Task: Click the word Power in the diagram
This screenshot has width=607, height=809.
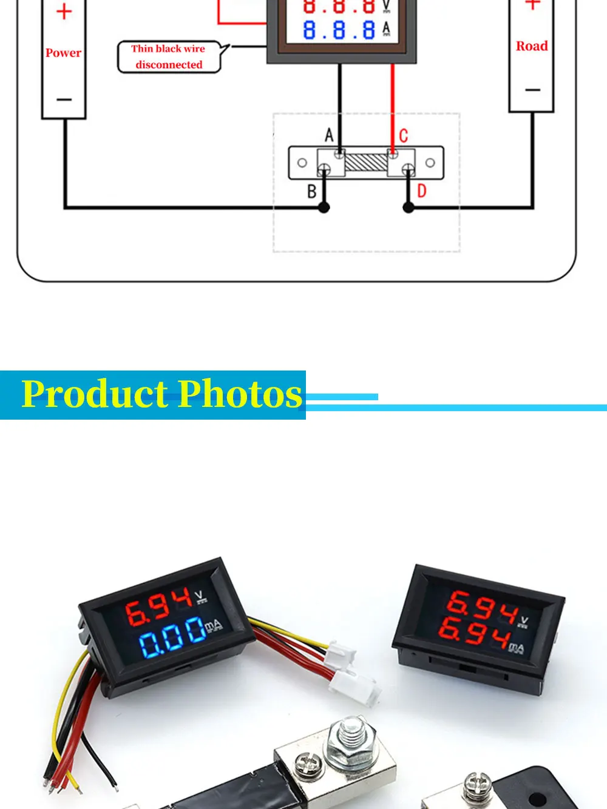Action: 63,53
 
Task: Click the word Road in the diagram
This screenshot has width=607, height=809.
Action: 531,46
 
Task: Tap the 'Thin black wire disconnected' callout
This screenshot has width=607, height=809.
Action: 169,57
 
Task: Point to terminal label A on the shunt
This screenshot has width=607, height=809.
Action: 329,135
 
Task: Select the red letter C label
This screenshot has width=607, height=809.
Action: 404,136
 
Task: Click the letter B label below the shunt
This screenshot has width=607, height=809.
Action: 311,191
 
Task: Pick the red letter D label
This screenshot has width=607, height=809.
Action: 421,191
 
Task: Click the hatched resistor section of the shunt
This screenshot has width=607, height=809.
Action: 366,163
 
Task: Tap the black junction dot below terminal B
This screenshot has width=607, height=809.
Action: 324,208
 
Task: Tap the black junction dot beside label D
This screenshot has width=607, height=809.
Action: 409,208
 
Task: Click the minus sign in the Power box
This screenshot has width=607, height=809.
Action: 64,99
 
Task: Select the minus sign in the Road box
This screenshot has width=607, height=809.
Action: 532,90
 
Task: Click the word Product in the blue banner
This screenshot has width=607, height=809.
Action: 95,394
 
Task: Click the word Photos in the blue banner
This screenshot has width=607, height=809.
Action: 240,394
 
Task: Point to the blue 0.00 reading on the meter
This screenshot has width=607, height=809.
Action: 172,637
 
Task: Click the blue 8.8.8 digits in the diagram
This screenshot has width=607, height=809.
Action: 339,30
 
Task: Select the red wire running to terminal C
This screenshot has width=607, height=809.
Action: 393,109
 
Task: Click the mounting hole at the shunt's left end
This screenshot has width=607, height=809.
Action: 302,163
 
